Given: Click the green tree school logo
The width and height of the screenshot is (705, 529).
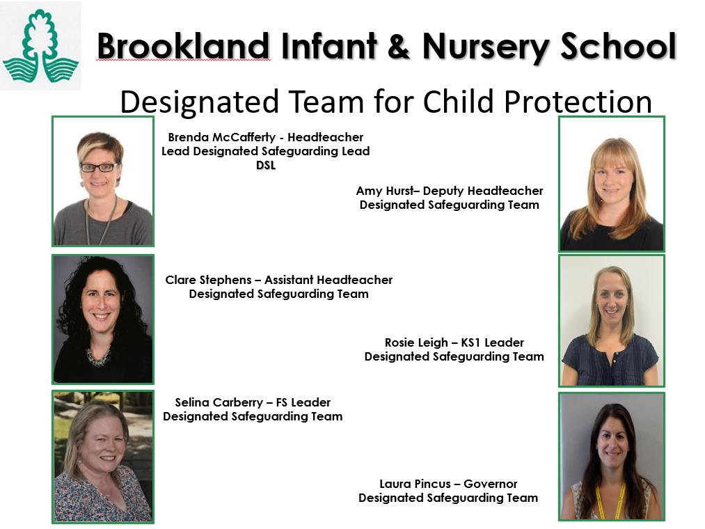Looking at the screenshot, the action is point(40,46).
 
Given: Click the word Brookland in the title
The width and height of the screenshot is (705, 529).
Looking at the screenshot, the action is point(184,46).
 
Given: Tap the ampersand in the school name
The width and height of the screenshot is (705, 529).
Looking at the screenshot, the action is point(398,46).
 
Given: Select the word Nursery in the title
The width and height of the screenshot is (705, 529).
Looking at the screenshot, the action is point(486,49).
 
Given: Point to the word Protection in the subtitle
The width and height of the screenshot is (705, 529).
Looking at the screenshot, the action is point(578,102).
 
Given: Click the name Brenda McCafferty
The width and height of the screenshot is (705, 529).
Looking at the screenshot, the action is point(222,137).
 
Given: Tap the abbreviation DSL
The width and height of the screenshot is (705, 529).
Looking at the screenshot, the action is point(266,166).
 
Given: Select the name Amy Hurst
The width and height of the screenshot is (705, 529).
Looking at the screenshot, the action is point(385,191).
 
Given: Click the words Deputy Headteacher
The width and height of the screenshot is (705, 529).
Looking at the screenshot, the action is point(483,191).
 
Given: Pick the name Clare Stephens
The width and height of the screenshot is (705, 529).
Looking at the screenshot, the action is point(209,281).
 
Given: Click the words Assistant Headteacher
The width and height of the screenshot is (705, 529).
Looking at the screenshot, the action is point(328,280).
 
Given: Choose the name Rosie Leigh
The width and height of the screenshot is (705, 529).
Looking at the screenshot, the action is point(416,342).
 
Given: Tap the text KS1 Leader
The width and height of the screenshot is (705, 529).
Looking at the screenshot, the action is point(493,342).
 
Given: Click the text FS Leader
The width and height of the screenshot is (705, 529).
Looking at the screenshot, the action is point(303,402).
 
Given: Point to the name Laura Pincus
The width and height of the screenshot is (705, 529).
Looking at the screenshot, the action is point(415,484).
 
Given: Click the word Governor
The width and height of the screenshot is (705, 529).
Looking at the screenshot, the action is point(491,484).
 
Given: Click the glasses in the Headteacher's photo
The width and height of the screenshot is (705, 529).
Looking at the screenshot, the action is point(98,168).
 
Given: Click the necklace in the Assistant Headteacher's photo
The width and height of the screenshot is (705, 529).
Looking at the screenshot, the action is point(100,358).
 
